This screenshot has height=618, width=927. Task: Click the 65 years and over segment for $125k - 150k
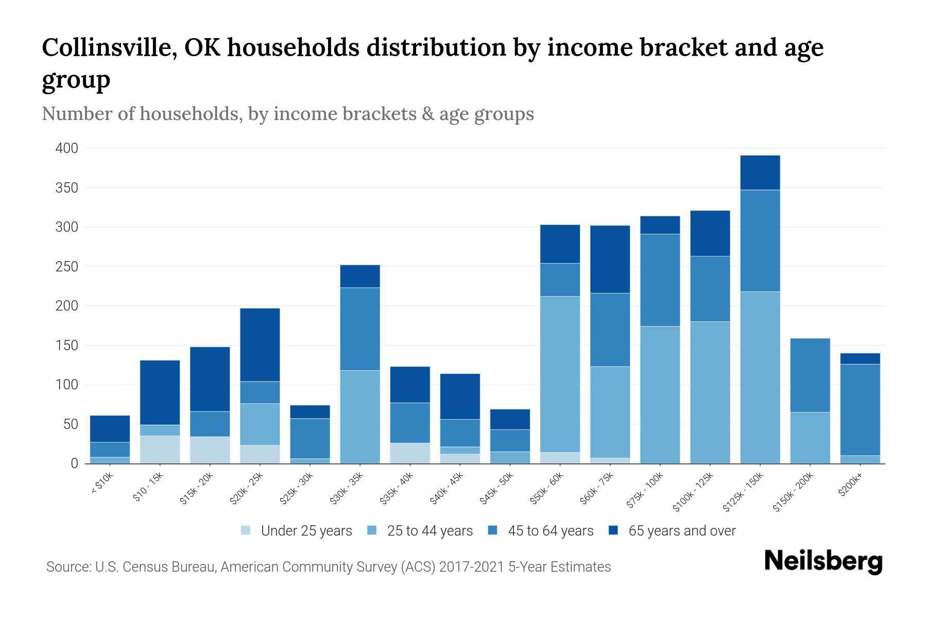tap(760, 173)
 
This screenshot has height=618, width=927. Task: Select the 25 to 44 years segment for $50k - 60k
tap(560, 374)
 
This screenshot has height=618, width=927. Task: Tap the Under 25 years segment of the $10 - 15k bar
tap(160, 450)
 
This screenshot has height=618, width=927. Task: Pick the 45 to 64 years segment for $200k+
tap(860, 409)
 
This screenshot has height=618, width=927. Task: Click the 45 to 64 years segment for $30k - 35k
tap(360, 329)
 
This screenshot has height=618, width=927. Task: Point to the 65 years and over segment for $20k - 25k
tap(260, 345)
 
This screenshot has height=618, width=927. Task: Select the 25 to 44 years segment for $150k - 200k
tap(810, 438)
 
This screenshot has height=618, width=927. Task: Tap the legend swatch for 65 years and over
tap(613, 530)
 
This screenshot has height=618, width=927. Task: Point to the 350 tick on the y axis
tap(67, 188)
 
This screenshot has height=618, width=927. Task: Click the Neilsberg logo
tap(823, 561)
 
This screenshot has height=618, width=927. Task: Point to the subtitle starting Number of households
tap(287, 114)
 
